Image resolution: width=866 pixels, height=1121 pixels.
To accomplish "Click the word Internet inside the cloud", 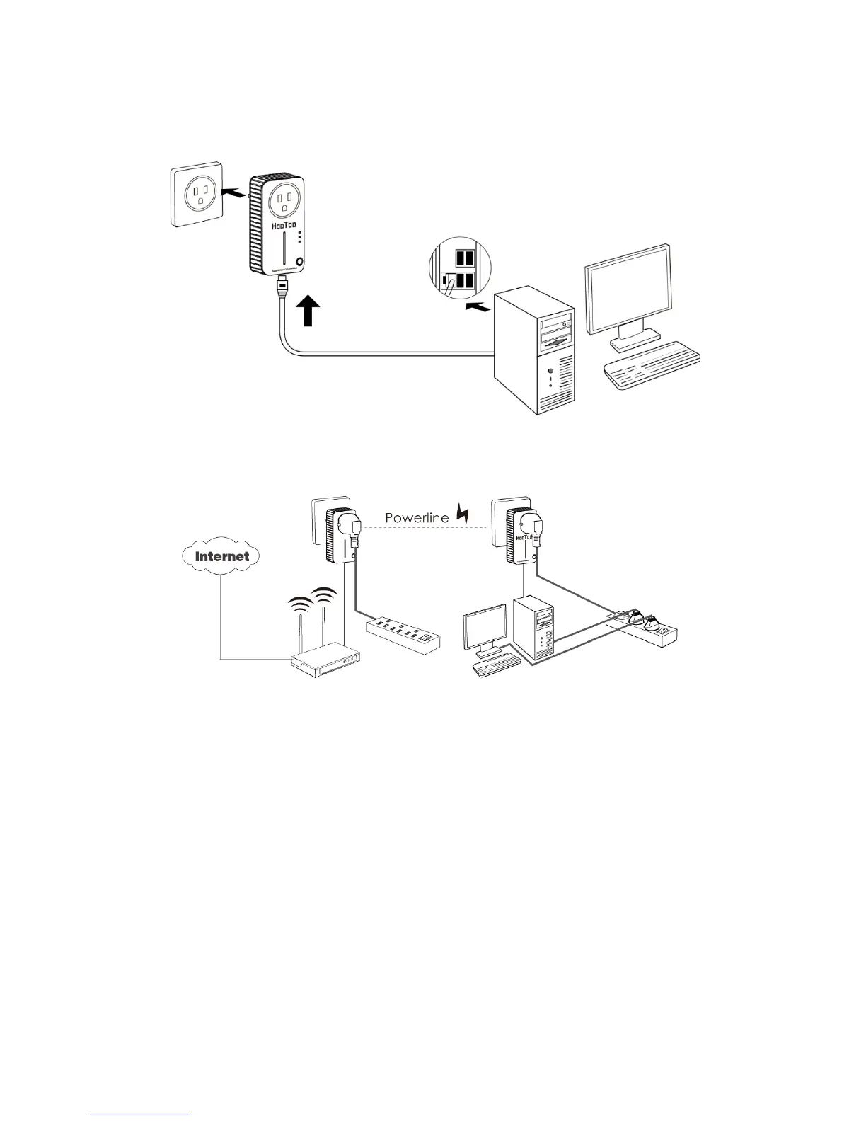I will point(222,556).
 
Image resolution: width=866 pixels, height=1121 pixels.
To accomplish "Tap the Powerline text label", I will point(417,517).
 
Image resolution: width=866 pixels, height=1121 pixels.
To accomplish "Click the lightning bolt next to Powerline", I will point(463,513).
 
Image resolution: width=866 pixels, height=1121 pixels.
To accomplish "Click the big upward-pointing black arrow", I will point(308,311).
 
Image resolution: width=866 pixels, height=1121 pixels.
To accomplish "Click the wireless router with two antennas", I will point(326,658).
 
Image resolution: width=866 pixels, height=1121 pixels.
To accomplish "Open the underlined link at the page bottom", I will point(142,1115).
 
